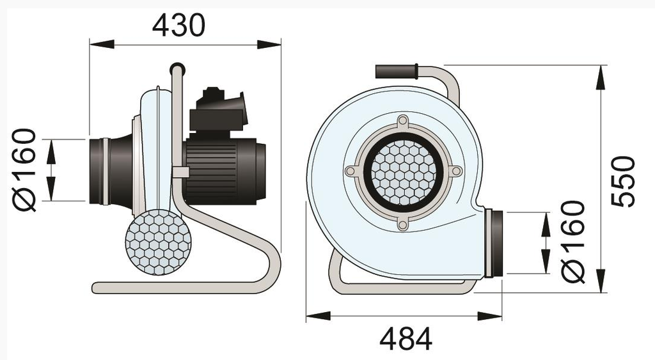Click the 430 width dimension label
pyautogui.click(x=179, y=25)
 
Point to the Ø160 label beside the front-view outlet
pyautogui.click(x=573, y=241)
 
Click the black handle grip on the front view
pyautogui.click(x=396, y=71)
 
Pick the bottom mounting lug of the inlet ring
pyautogui.click(x=402, y=224)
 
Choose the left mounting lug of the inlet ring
pyautogui.click(x=351, y=171)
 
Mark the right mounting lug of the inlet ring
pyautogui.click(x=455, y=171)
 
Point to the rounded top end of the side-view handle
pyautogui.click(x=177, y=67)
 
